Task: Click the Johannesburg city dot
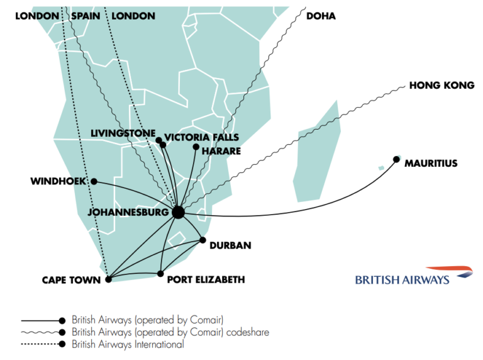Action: tap(178, 213)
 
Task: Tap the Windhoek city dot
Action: tap(94, 181)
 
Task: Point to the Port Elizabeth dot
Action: tap(161, 274)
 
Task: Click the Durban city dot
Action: tap(203, 240)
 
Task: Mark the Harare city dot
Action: tap(196, 147)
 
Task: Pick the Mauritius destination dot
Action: tap(396, 159)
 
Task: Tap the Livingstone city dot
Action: tap(158, 140)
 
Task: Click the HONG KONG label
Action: tap(441, 85)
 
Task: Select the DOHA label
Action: tap(321, 16)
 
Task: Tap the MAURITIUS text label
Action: tap(431, 164)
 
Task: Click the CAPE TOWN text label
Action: tap(71, 280)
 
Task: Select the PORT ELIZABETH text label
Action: tap(206, 279)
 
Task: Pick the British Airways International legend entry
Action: tap(128, 345)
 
